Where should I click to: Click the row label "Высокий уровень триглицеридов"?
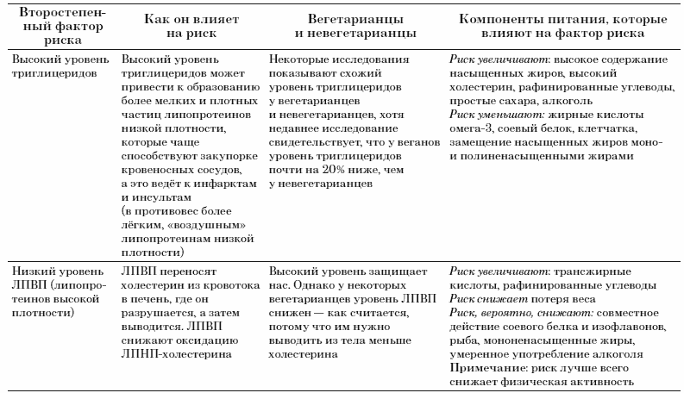pos(57,69)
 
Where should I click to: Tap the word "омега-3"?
pos(471,129)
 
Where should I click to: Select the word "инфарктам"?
pos(223,184)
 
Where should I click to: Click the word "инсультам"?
pos(149,197)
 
